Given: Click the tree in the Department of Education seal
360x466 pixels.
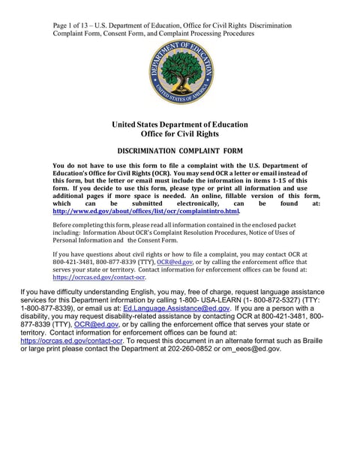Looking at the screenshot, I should pyautogui.click(x=181, y=69).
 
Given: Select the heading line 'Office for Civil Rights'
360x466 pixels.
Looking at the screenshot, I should pyautogui.click(x=180, y=134).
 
